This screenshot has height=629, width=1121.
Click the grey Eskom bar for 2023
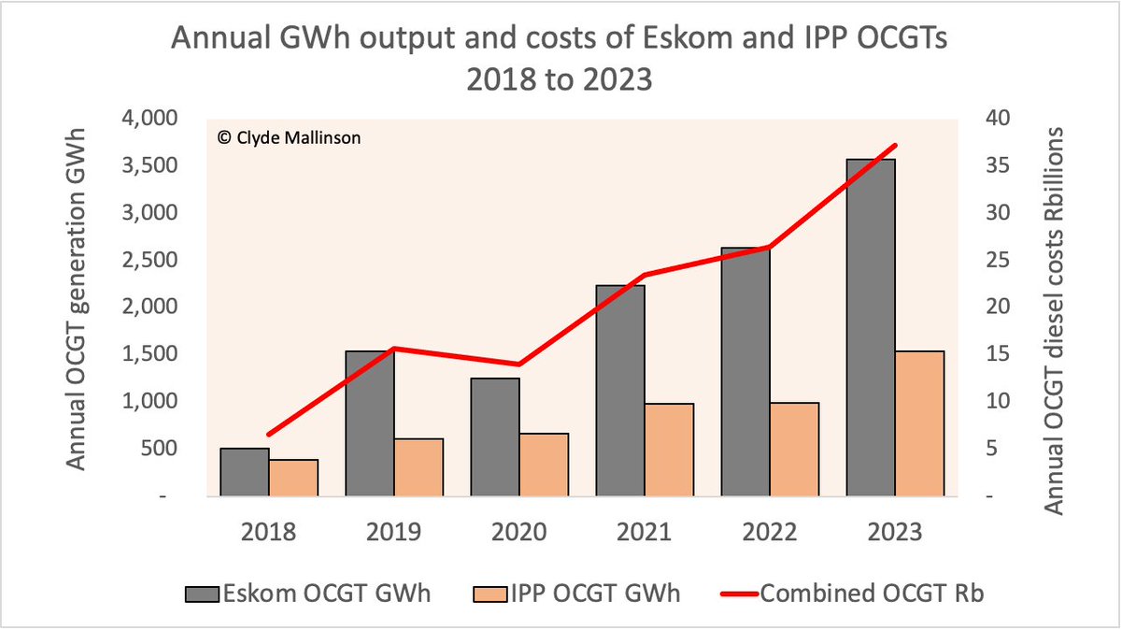pos(871,327)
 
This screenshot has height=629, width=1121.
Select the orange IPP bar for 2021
pos(669,450)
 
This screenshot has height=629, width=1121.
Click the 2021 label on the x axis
pos(645,533)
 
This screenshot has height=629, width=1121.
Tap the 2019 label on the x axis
pos(394,533)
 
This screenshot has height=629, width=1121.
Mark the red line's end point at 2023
pos(895,145)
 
